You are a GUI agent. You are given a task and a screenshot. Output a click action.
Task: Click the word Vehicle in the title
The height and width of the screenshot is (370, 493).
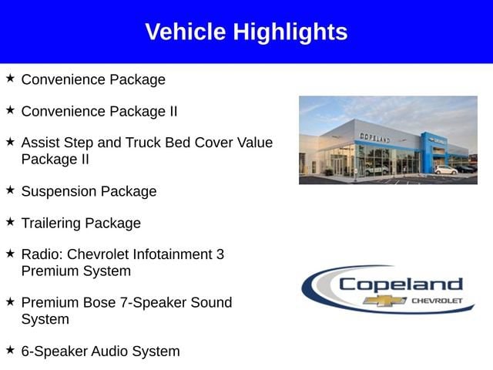[x=186, y=32]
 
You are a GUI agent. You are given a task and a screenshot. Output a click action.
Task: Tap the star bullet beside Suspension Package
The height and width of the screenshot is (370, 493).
[x=10, y=190]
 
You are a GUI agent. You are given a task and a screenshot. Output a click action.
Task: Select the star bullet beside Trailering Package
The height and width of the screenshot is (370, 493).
[x=10, y=221]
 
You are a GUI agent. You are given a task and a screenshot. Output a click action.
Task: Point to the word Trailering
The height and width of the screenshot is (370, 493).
[x=51, y=224]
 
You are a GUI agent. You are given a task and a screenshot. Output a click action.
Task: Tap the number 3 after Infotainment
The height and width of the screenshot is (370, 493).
[x=220, y=254]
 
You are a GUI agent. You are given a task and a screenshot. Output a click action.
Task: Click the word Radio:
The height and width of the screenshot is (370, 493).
[x=42, y=254]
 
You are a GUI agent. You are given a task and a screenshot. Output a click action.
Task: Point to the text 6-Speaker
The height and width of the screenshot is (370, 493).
[x=54, y=351]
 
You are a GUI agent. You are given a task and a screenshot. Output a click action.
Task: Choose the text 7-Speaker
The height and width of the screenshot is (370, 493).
[x=153, y=303]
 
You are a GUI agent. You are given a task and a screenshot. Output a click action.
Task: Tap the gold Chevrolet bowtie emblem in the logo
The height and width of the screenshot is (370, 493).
[x=384, y=301]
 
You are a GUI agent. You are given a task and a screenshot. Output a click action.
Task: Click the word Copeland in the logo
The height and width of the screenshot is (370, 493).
[x=401, y=285]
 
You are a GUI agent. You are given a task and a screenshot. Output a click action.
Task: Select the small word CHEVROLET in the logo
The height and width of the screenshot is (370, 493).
[x=437, y=301]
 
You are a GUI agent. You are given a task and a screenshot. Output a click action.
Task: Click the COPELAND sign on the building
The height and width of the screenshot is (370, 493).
[x=375, y=138]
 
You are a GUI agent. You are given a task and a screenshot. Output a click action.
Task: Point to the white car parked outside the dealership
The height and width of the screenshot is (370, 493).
[x=446, y=170]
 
